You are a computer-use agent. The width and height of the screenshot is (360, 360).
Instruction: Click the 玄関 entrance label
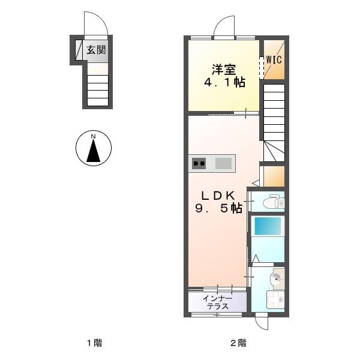click(95, 50)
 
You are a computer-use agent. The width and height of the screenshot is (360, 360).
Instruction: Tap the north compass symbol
click(93, 148)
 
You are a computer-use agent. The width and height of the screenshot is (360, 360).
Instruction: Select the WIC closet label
click(274, 59)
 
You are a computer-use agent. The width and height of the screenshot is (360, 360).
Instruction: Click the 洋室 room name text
click(223, 69)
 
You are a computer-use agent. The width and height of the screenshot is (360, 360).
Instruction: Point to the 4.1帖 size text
click(223, 83)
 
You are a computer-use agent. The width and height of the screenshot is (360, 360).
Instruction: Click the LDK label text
click(217, 195)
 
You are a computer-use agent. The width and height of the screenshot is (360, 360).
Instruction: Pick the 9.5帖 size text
click(217, 209)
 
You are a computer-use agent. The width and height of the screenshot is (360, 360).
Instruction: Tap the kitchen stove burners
click(199, 163)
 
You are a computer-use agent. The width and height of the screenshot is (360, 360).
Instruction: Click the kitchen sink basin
click(223, 163)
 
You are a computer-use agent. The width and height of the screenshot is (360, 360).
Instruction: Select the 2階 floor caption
click(238, 344)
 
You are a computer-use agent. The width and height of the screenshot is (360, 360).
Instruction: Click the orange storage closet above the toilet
click(274, 175)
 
